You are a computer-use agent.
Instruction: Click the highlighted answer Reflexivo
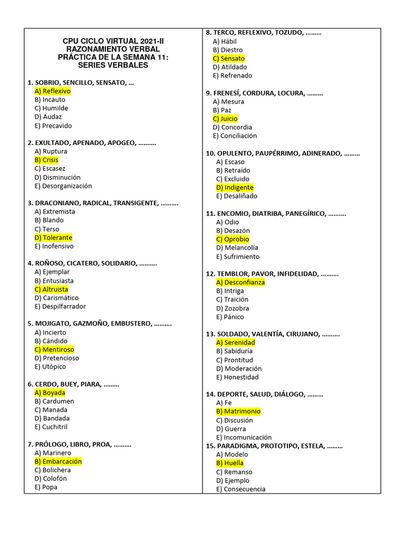(x=52, y=91)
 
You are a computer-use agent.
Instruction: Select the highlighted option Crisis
(x=46, y=160)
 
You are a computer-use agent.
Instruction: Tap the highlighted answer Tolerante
(x=53, y=238)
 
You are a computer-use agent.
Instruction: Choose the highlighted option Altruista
(x=51, y=290)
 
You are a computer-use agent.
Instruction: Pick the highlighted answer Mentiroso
(x=54, y=350)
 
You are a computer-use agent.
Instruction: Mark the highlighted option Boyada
(x=50, y=393)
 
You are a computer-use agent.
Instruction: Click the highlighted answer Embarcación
(x=58, y=461)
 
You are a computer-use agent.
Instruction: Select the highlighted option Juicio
(x=225, y=119)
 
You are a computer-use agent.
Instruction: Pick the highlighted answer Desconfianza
(x=240, y=283)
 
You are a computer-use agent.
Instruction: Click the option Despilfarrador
(x=60, y=306)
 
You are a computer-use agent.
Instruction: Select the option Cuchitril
(x=51, y=427)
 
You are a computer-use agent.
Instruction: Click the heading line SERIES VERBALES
(x=113, y=65)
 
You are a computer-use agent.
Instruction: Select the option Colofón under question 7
(x=51, y=478)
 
